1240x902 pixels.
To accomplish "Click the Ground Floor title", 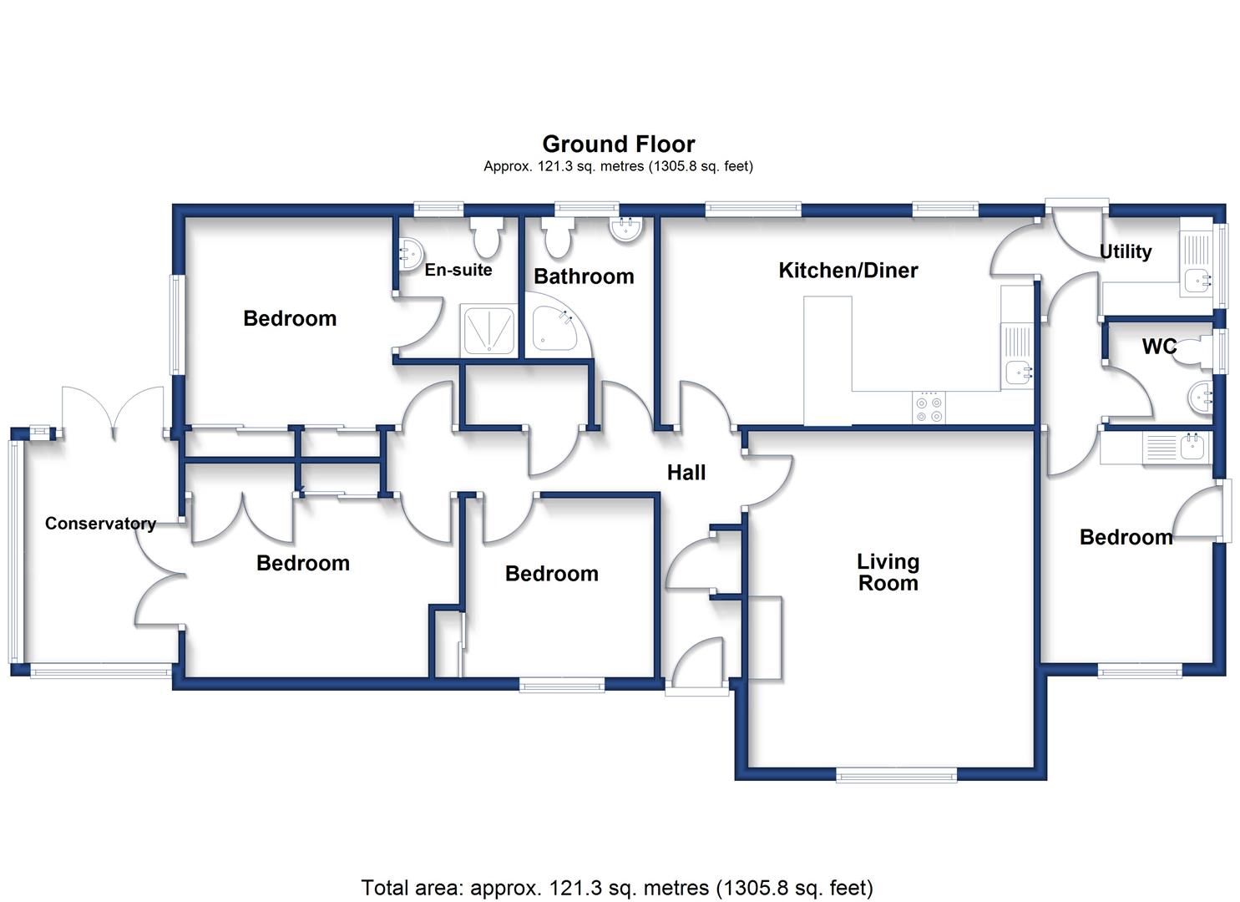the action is [x=619, y=144].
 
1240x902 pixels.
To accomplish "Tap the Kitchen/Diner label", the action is [x=848, y=271].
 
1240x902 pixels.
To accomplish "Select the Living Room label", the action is [x=888, y=572].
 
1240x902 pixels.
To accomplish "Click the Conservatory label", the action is [x=100, y=524].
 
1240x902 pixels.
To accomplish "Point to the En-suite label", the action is [x=458, y=270].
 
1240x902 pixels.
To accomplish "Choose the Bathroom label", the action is [x=584, y=276].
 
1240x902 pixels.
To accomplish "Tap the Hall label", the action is [x=686, y=473].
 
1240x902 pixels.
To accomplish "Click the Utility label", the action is [x=1126, y=251].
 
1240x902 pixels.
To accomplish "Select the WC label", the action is [x=1159, y=347].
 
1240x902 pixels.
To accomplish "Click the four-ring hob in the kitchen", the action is [x=929, y=408].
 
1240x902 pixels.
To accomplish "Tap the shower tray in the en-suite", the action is [x=488, y=331].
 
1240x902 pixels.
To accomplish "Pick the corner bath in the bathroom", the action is [x=555, y=331].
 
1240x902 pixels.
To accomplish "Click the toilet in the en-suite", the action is [x=488, y=237].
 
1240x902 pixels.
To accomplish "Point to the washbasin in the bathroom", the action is [x=626, y=229].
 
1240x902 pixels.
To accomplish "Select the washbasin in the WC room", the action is [x=1200, y=398].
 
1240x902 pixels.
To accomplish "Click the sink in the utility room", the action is [x=1197, y=281].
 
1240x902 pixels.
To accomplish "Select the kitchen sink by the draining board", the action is [x=1017, y=373].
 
